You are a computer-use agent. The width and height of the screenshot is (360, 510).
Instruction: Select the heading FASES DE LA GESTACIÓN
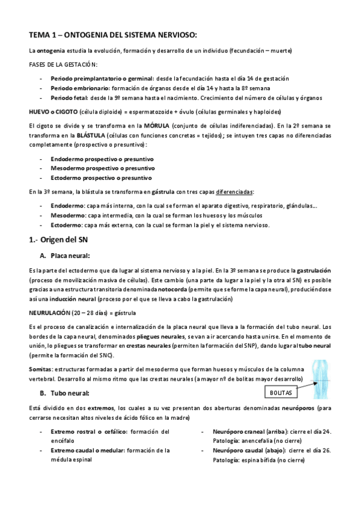(x=63, y=64)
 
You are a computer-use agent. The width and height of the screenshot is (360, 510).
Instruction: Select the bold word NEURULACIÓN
(x=49, y=313)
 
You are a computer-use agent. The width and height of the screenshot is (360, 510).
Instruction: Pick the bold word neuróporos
(x=294, y=408)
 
